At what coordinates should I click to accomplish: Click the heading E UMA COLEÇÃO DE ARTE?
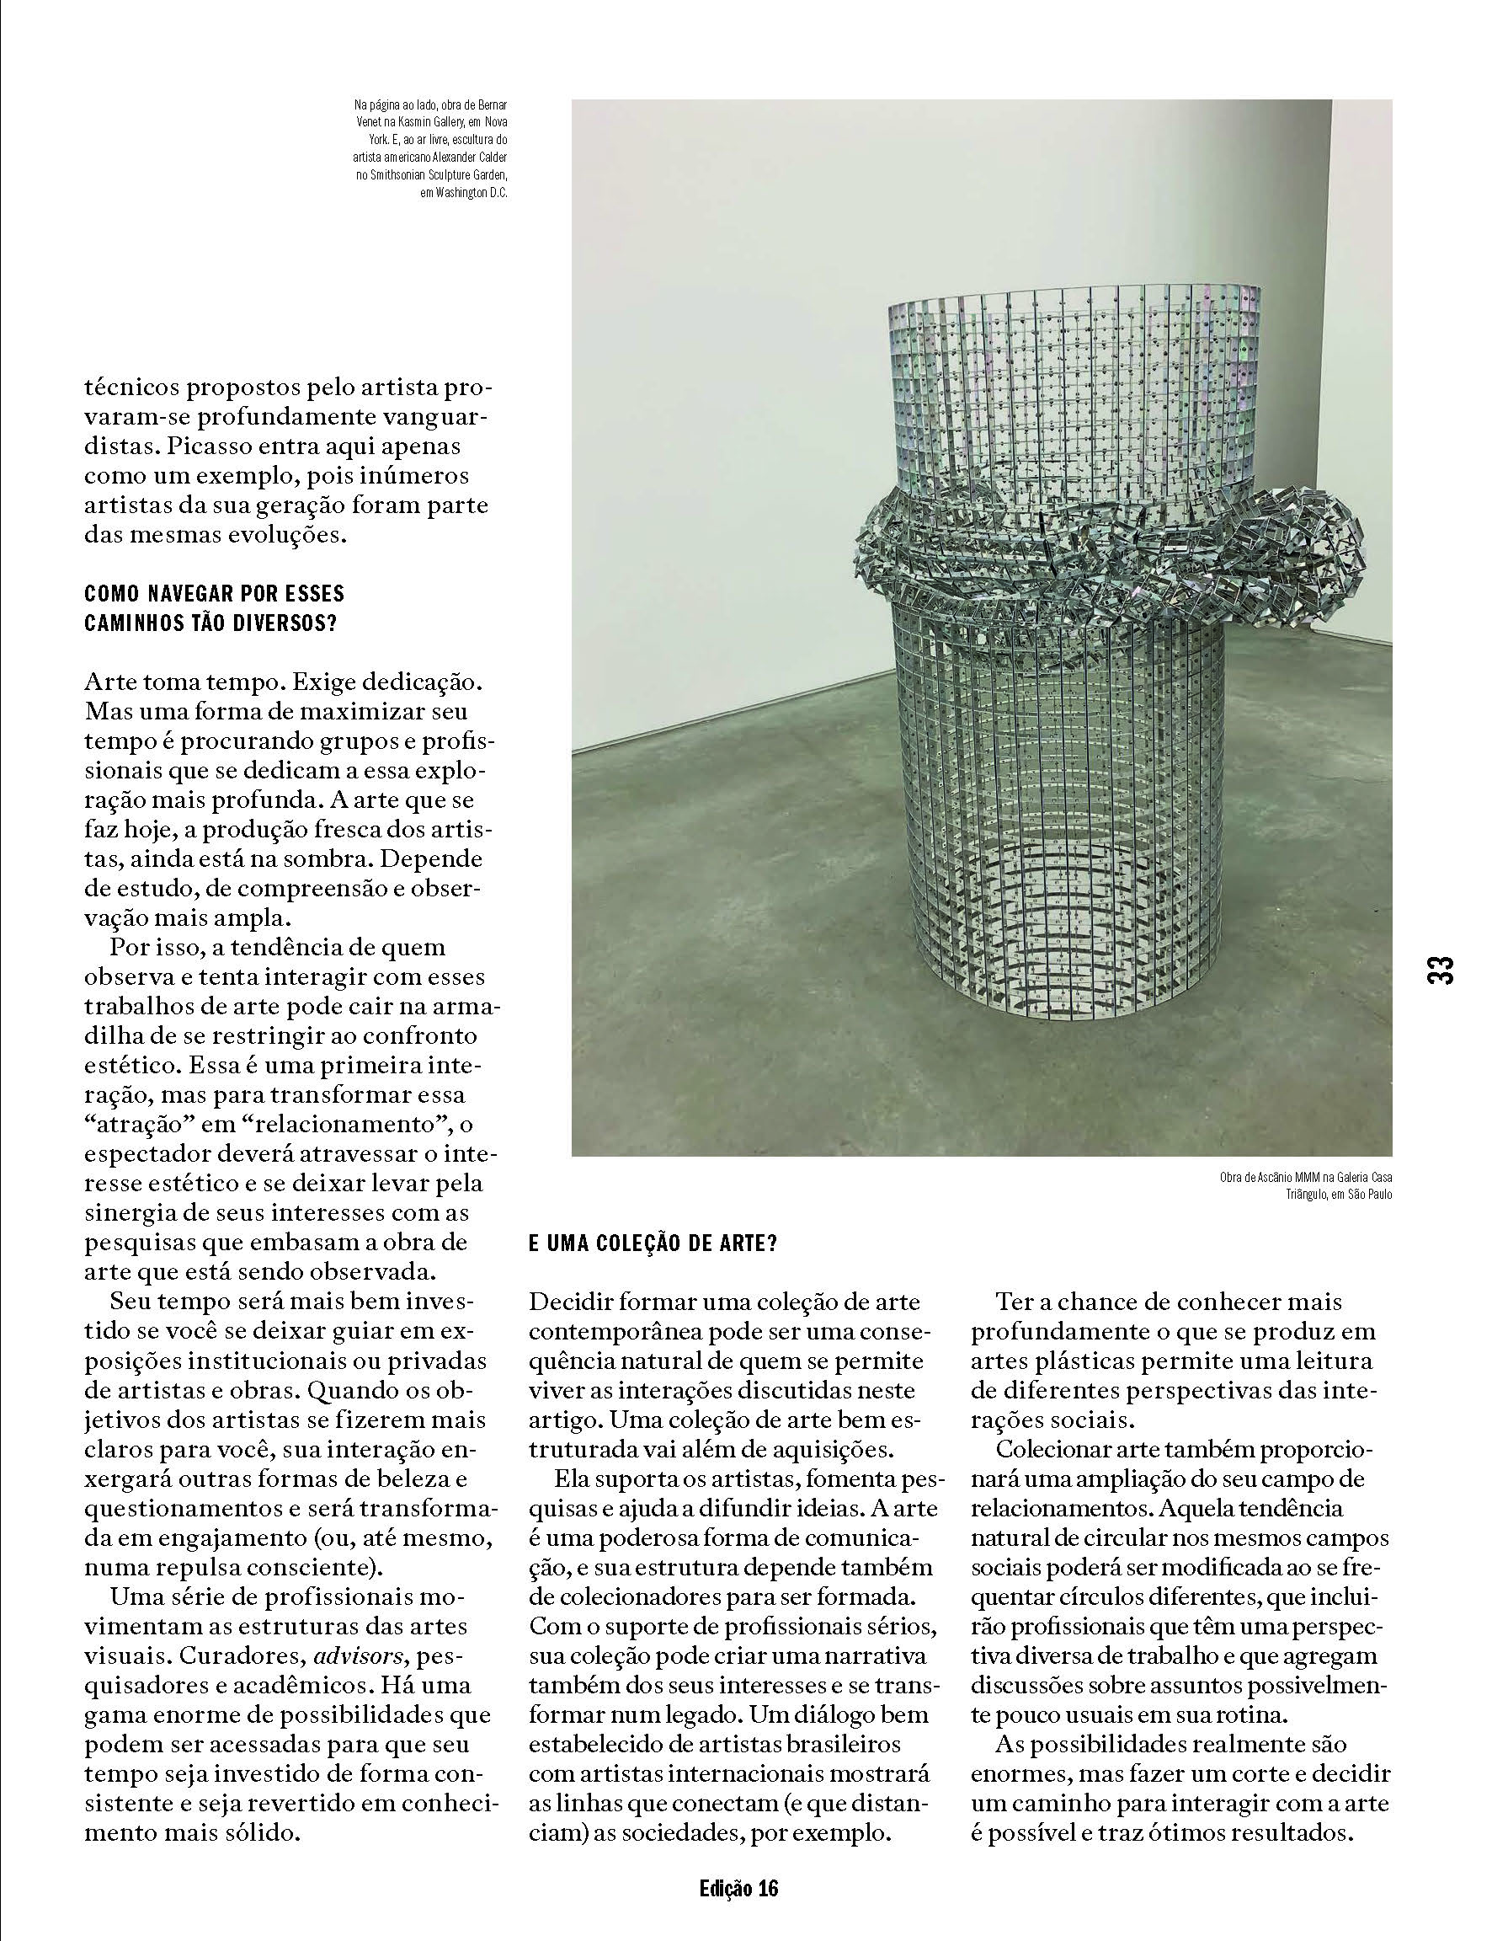653,1243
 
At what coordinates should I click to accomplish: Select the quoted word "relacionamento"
345,1125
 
